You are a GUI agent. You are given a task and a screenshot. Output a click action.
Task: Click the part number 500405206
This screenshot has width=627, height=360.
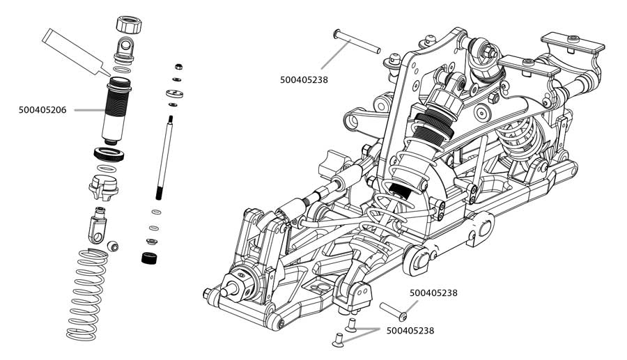pos(42,109)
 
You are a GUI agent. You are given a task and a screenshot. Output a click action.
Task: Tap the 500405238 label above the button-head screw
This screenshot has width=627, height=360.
pos(433,293)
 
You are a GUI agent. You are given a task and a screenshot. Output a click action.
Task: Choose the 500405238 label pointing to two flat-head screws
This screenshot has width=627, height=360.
pos(410,331)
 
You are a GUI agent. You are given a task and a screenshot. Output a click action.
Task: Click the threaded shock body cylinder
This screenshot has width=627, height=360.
pos(116,111)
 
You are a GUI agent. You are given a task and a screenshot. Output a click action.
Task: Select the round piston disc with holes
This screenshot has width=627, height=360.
pos(175,93)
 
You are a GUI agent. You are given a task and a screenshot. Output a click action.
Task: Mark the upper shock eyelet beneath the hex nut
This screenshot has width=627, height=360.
pos(125,49)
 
